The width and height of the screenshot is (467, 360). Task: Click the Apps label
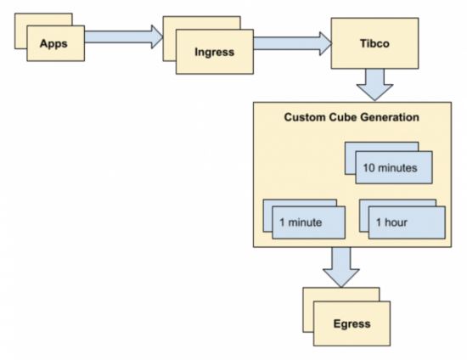[53, 43]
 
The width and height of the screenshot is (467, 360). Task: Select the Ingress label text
[215, 52]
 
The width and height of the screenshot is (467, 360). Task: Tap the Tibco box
[374, 43]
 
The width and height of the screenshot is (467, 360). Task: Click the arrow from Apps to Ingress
[124, 37]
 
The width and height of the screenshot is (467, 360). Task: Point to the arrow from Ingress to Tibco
[292, 43]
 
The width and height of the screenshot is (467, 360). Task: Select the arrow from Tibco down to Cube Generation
[374, 85]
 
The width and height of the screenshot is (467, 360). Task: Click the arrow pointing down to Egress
[341, 267]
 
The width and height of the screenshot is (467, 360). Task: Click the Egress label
[352, 323]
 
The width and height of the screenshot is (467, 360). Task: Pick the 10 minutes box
[394, 167]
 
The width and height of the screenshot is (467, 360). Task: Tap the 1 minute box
[308, 222]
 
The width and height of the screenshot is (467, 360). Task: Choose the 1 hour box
[407, 222]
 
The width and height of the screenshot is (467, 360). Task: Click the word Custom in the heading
[305, 117]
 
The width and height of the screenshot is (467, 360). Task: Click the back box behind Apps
[43, 20]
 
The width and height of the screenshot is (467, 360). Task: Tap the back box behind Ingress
[201, 23]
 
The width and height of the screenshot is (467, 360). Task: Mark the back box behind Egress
[341, 294]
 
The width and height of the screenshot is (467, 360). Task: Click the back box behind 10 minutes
[381, 147]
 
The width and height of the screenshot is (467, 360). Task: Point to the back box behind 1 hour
[397, 203]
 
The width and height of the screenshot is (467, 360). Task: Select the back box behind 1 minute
[300, 203]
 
